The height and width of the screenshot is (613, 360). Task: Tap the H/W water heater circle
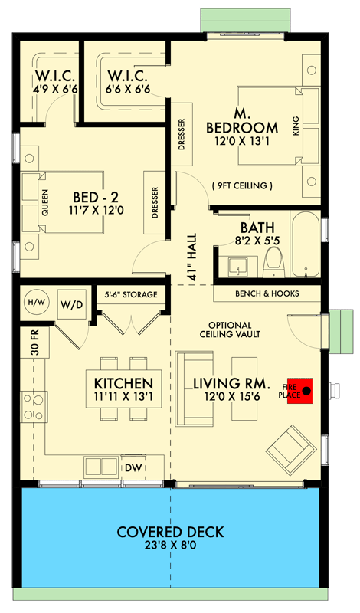[x=35, y=303]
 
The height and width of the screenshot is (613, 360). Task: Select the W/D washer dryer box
[x=73, y=303]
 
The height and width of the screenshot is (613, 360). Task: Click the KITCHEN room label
[x=123, y=383]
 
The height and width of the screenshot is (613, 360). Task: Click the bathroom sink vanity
[x=237, y=267]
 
